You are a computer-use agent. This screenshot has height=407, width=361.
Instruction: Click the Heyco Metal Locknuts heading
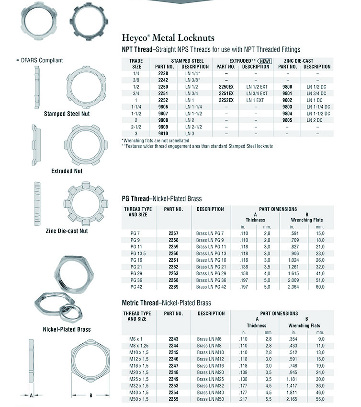pos(168,38)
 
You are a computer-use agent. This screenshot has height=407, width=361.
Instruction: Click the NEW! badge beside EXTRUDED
pos(264,61)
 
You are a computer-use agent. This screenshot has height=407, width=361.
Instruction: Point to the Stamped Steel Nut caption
pos(67,114)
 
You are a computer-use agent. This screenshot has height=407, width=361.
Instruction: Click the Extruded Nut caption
pos(67,171)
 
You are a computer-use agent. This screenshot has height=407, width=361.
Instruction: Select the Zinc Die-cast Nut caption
pos(67,231)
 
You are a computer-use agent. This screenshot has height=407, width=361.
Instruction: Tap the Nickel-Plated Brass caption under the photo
pos(67,329)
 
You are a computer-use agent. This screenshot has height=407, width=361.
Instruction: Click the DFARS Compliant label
pos(42,60)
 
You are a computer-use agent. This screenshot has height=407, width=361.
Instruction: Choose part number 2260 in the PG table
pos(173,253)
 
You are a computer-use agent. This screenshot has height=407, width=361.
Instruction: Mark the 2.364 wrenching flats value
pos(297,287)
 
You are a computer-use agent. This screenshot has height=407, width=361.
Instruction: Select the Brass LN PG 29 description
pos(211,273)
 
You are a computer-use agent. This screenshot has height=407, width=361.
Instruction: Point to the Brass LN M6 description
pos(209,338)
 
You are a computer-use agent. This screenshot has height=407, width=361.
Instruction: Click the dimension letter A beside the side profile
pos(31,395)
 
